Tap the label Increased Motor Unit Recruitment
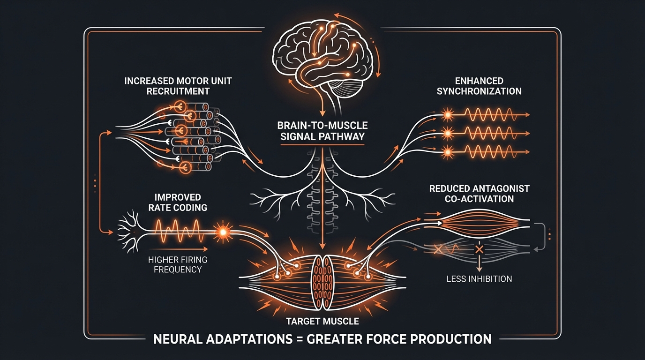(x=178, y=86)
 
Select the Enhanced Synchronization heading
(x=479, y=86)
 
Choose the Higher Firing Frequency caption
(x=177, y=264)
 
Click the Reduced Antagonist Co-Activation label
(x=479, y=193)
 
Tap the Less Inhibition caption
(x=479, y=279)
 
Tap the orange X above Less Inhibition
(x=479, y=249)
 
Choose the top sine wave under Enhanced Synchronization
(x=487, y=114)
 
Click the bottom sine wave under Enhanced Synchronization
(x=487, y=152)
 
